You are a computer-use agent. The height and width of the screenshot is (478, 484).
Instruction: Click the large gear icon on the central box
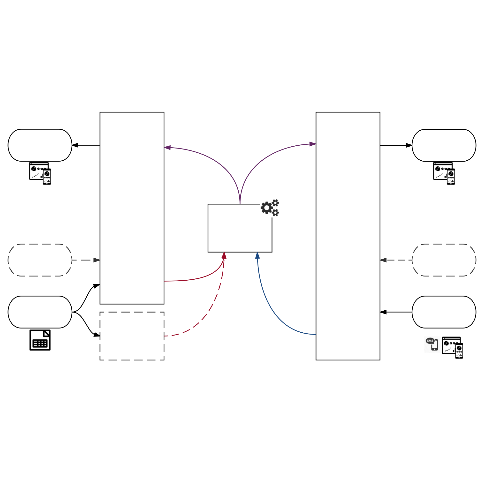point(266,208)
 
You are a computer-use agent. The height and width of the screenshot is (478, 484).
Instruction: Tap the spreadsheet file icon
point(40,340)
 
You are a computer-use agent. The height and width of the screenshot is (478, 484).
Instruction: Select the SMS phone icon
point(432,344)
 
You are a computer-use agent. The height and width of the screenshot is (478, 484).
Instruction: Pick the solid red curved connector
point(200,278)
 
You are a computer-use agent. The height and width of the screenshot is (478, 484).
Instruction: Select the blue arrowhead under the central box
point(257,255)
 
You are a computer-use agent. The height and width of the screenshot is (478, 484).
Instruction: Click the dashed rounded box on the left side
point(40,260)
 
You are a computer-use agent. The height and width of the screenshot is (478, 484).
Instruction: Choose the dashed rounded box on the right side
point(444,260)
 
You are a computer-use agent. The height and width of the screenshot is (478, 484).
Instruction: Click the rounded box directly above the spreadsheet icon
point(40,312)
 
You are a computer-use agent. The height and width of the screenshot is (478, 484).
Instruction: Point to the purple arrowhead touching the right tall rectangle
point(313,144)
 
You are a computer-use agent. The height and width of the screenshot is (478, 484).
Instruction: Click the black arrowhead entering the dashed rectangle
point(97,335)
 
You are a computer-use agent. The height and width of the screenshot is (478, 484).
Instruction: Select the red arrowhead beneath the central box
point(224,255)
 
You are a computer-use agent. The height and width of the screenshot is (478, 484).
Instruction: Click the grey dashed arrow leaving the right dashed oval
point(396,260)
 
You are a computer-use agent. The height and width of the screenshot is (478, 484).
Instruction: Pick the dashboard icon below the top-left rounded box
point(40,173)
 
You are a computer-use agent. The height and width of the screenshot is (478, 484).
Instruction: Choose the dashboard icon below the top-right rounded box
point(444,173)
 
